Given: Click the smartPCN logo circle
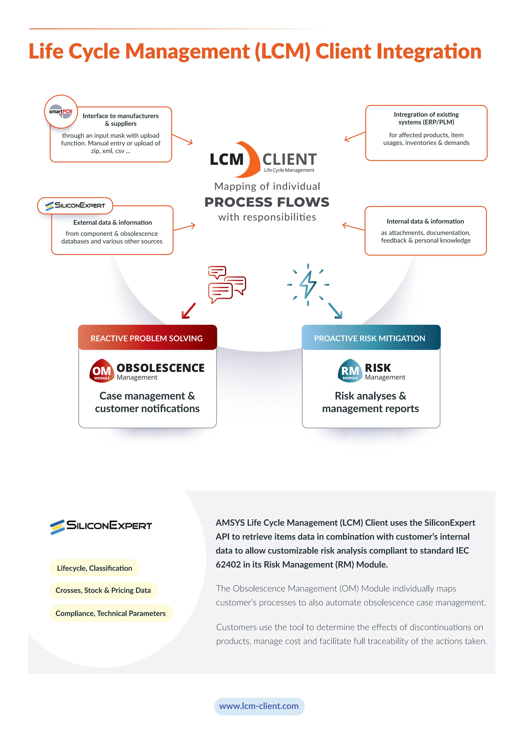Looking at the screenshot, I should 61,112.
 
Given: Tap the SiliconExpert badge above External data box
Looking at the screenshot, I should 75,205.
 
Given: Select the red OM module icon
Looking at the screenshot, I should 102,371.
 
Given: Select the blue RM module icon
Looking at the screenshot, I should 350,371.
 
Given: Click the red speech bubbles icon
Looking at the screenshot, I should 227,284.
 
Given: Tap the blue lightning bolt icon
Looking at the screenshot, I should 308,285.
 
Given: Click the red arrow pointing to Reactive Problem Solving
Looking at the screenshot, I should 188,311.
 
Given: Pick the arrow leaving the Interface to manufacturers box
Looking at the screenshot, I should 182,139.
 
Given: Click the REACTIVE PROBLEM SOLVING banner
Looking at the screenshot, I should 147,338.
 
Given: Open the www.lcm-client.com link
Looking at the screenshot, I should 259,706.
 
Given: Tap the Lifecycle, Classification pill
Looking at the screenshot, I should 95,568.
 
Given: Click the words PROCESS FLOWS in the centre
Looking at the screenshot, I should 267,202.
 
